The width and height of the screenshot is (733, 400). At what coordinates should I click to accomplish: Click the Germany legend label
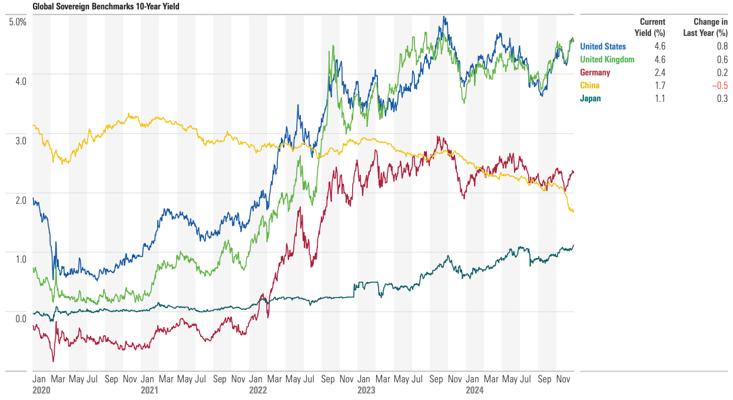click(595, 72)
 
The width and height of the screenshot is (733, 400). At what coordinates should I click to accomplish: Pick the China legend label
click(590, 85)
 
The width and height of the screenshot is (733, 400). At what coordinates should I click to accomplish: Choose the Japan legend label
click(591, 98)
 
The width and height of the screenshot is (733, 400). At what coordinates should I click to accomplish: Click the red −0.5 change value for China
click(719, 85)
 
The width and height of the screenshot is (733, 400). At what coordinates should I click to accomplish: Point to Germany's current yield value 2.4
click(659, 72)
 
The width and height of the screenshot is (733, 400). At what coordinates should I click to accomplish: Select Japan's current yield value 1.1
click(659, 98)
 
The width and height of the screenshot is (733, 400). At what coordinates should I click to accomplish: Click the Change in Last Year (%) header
click(705, 27)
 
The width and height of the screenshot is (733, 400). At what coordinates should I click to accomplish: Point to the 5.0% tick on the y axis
click(18, 22)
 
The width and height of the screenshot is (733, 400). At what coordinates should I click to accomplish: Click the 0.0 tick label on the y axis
click(21, 319)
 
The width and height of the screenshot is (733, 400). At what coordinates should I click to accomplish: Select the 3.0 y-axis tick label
click(21, 141)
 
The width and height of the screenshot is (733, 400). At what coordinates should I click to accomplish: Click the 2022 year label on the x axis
click(257, 390)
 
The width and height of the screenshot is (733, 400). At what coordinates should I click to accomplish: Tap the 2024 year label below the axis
click(474, 390)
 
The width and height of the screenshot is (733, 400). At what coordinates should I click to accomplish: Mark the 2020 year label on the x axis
click(41, 390)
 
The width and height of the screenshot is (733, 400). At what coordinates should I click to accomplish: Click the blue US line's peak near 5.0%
click(445, 16)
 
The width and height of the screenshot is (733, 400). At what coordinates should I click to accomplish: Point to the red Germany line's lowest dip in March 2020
click(53, 361)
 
